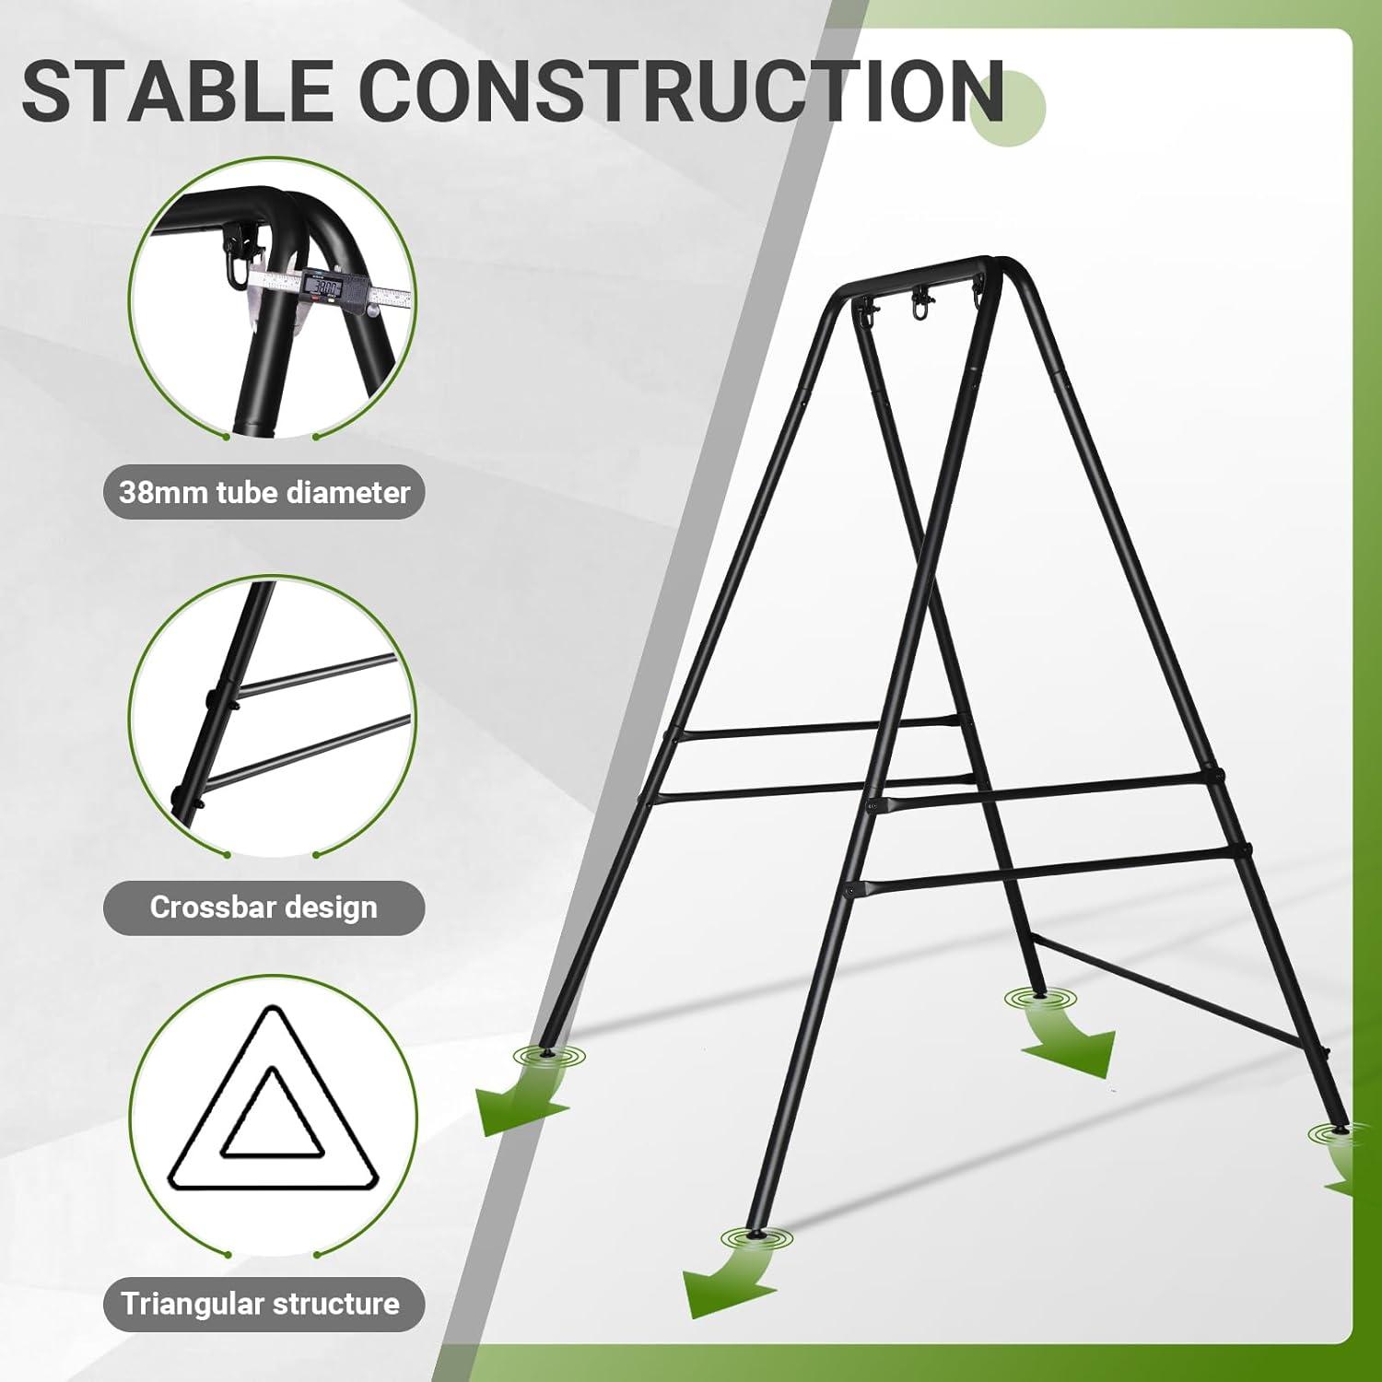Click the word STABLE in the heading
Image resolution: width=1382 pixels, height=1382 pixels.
click(x=175, y=90)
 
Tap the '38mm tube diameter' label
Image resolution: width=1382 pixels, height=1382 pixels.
click(x=264, y=492)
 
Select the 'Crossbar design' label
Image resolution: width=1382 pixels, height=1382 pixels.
click(x=264, y=908)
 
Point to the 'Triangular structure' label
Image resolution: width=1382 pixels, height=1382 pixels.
click(x=261, y=1304)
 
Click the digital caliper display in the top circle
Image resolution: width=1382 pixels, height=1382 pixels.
click(x=325, y=287)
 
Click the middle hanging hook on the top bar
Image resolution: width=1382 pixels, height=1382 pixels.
click(x=919, y=305)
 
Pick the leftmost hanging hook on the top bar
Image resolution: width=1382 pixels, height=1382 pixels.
click(x=866, y=313)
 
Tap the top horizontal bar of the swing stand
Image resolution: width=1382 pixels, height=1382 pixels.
click(x=921, y=275)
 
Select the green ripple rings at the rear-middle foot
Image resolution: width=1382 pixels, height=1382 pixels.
click(x=1039, y=999)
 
